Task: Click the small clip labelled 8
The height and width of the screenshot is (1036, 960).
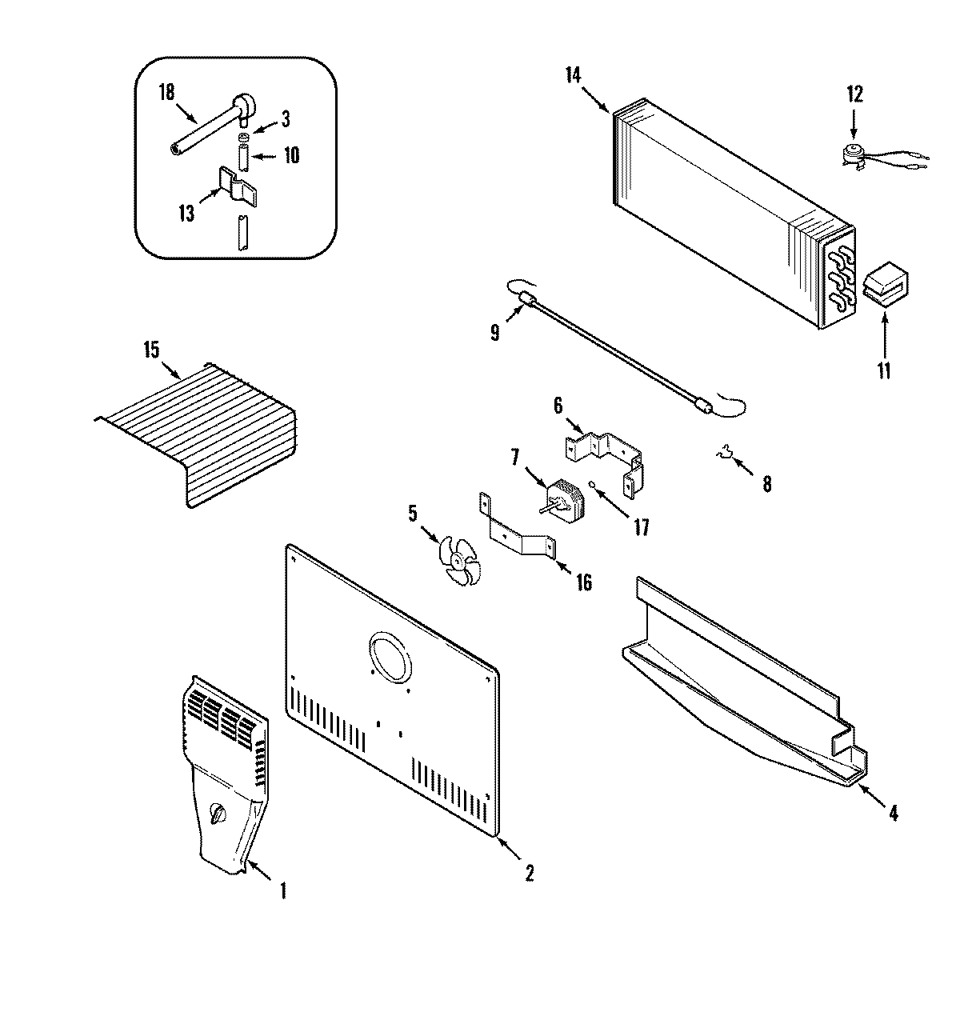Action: point(726,456)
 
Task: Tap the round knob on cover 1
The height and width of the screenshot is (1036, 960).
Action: point(218,815)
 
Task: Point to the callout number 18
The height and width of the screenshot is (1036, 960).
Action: point(166,92)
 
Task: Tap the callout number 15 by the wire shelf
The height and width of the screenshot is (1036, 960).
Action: point(150,350)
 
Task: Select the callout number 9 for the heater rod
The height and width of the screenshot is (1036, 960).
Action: point(494,331)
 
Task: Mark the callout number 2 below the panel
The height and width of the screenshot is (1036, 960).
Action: point(529,874)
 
